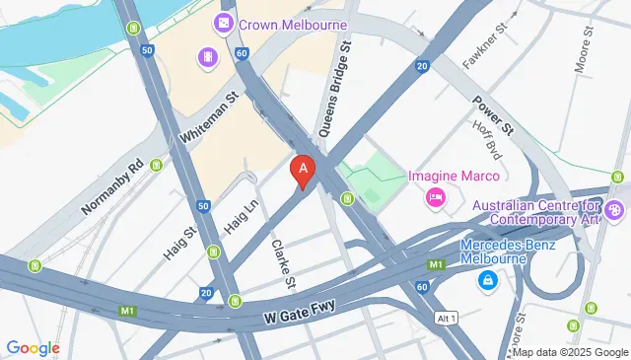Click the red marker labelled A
pyautogui.click(x=304, y=171)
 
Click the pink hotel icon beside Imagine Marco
pyautogui.click(x=435, y=198)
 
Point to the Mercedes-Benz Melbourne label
pyautogui.click(x=507, y=253)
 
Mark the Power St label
pyautogui.click(x=494, y=113)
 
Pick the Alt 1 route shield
pyautogui.click(x=447, y=317)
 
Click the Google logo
pyautogui.click(x=34, y=347)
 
